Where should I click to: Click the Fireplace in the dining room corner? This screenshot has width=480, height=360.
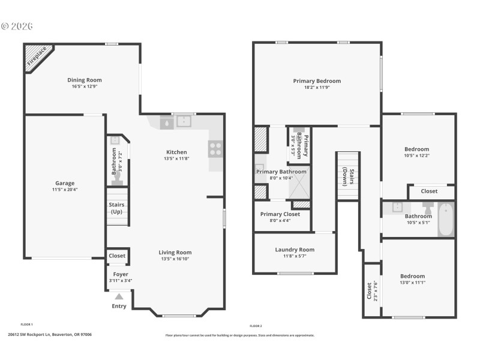[x=36, y=58]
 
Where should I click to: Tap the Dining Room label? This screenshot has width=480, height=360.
[x=84, y=80]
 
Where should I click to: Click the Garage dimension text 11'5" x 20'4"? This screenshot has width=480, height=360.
[x=65, y=190]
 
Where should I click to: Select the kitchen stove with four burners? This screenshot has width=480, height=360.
[x=215, y=148]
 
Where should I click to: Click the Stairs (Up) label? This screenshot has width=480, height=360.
[x=116, y=208]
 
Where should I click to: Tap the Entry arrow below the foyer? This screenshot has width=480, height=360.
[x=119, y=296]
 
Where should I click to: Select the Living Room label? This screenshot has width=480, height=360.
[x=175, y=253]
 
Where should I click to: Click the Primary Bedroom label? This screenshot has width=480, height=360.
[x=317, y=81]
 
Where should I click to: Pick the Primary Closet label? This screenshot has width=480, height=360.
[x=280, y=214]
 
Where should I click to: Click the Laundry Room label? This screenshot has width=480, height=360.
[x=295, y=250]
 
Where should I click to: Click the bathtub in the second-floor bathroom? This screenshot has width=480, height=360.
[x=445, y=220]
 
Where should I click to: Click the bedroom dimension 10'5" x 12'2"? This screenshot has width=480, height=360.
[x=416, y=155]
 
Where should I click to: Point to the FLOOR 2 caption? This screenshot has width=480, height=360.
[x=256, y=326]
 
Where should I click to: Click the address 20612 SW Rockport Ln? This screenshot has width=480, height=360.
[x=50, y=335]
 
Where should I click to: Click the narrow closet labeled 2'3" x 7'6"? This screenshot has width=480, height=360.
[x=372, y=290]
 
